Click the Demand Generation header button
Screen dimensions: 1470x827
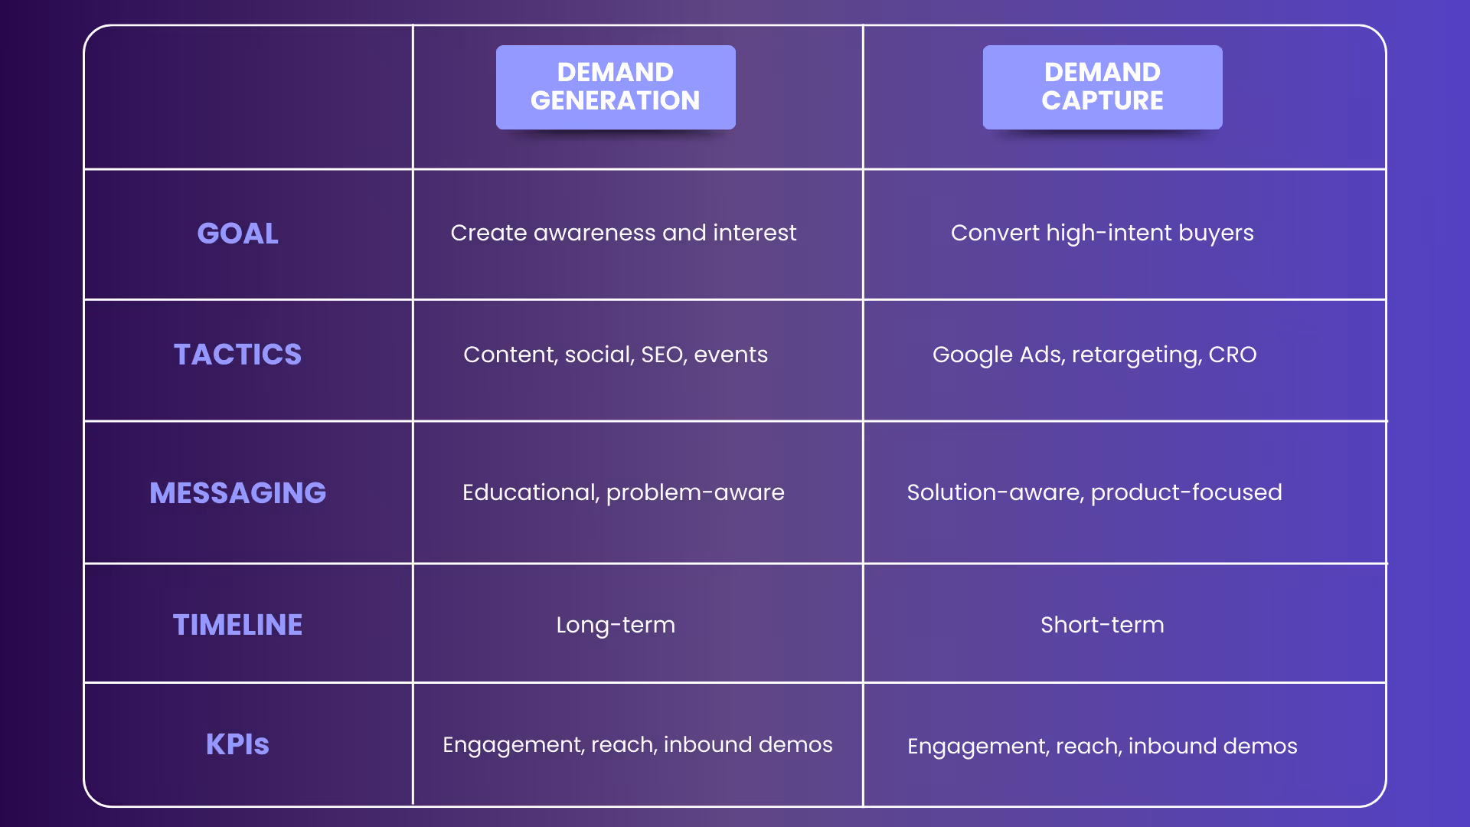point(616,87)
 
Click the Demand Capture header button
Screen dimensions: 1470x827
point(1102,87)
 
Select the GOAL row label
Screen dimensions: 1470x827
point(237,234)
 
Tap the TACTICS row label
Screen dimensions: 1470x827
point(237,355)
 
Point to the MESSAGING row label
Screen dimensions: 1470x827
point(237,493)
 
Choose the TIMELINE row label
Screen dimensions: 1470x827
point(237,625)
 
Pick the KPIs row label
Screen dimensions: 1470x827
point(237,744)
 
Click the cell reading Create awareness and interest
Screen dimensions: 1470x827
point(623,233)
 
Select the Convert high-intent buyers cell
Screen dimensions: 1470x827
point(1102,233)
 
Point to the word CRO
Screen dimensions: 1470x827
point(1233,355)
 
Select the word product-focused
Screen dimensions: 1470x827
point(1186,492)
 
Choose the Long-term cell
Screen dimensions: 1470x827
point(616,625)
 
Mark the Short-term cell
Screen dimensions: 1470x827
point(1102,625)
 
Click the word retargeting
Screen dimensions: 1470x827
point(1135,355)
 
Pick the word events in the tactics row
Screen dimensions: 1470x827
point(730,355)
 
